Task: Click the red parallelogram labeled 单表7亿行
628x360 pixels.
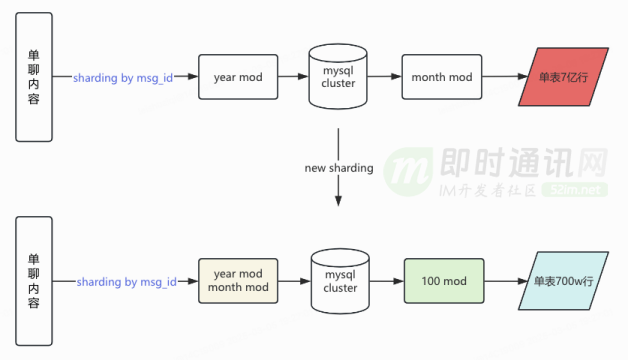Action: pyautogui.click(x=564, y=77)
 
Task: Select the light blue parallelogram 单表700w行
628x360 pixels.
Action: pyautogui.click(x=564, y=281)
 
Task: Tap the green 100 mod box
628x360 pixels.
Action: pyautogui.click(x=444, y=281)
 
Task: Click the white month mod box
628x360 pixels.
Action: pyautogui.click(x=442, y=77)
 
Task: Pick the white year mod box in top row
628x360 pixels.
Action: pyautogui.click(x=238, y=77)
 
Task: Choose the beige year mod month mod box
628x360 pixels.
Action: pyautogui.click(x=238, y=281)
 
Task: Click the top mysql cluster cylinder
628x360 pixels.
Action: pyautogui.click(x=338, y=76)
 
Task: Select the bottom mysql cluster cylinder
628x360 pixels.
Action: pyautogui.click(x=340, y=281)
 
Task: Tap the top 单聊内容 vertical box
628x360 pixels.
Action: pyautogui.click(x=34, y=77)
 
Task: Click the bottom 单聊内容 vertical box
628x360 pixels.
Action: pyautogui.click(x=34, y=281)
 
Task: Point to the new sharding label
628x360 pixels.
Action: pyautogui.click(x=339, y=168)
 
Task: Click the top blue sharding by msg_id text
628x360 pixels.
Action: pyautogui.click(x=123, y=77)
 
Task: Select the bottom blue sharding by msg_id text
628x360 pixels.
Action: pyautogui.click(x=127, y=282)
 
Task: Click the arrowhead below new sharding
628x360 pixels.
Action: pyautogui.click(x=338, y=201)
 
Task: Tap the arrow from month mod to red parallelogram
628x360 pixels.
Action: pyautogui.click(x=505, y=76)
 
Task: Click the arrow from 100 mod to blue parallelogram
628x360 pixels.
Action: pyautogui.click(x=506, y=281)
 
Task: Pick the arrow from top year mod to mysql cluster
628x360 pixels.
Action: pyautogui.click(x=293, y=76)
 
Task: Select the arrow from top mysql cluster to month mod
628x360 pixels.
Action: pyautogui.click(x=384, y=76)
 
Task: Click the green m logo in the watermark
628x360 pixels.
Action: pyautogui.click(x=408, y=171)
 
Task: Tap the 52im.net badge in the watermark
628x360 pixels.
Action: pyautogui.click(x=575, y=189)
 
